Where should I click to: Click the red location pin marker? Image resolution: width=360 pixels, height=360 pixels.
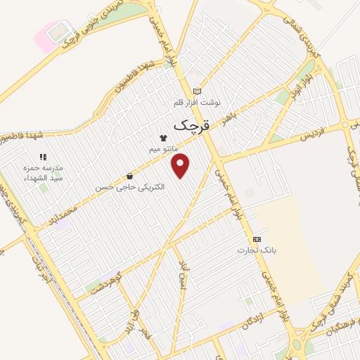point(181,165)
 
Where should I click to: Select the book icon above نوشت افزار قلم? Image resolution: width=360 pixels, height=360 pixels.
point(197,91)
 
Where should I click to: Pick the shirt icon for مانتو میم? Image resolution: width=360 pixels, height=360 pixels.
point(163,139)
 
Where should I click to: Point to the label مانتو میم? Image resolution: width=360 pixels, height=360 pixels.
point(163,150)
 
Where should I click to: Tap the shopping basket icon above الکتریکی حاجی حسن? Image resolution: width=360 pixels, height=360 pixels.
point(129,176)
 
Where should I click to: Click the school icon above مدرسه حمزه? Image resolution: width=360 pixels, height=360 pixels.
point(42,157)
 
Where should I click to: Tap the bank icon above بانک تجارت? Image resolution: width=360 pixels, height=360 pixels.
point(257,239)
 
